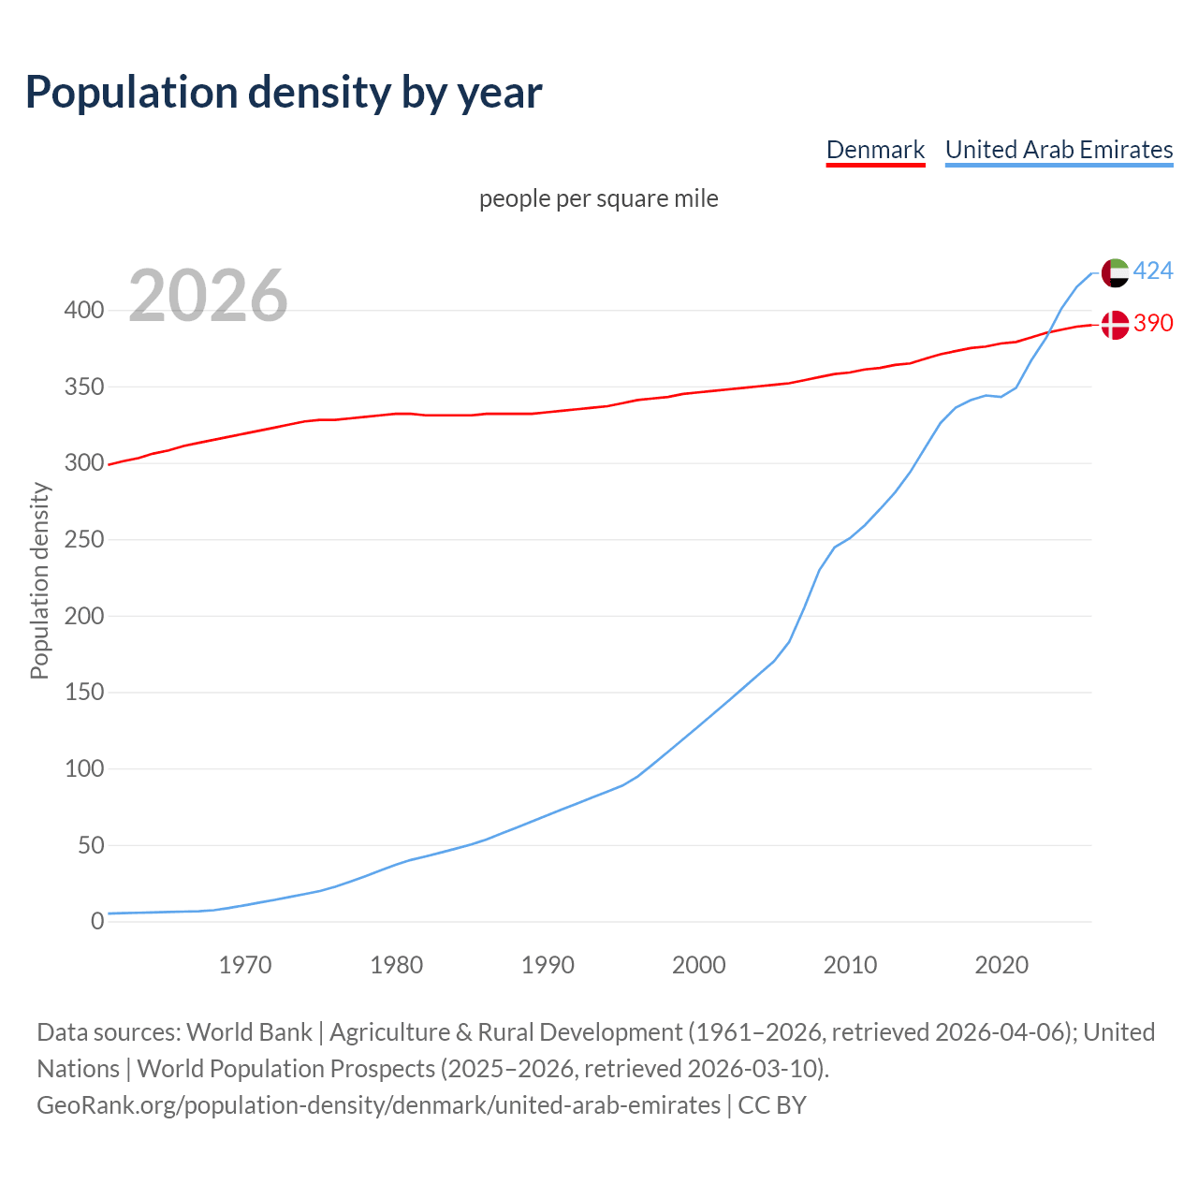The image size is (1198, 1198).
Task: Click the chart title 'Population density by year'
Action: (284, 92)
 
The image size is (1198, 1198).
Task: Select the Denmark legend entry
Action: (875, 150)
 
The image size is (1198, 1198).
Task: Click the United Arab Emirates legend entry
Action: (1059, 150)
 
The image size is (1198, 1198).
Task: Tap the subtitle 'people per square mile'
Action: (598, 198)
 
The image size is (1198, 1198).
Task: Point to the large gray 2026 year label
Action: (208, 296)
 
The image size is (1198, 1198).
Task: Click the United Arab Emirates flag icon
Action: (1114, 272)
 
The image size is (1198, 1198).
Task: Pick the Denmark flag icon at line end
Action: (1114, 325)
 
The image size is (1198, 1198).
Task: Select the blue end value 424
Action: (1153, 270)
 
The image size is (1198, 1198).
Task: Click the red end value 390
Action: (1153, 323)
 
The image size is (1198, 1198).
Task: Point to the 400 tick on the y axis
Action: (84, 310)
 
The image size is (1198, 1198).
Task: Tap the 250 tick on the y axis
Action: (84, 539)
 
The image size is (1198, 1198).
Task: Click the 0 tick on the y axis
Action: (97, 921)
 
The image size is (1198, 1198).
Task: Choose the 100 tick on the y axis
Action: (84, 768)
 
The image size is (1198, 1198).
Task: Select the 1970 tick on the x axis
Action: (245, 964)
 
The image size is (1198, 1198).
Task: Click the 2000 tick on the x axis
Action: (699, 964)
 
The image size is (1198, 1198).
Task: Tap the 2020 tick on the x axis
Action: (1001, 964)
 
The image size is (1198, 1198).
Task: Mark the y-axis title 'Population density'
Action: (39, 580)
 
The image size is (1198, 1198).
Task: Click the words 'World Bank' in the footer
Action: (249, 1032)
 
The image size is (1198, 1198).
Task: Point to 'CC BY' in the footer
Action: (772, 1105)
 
